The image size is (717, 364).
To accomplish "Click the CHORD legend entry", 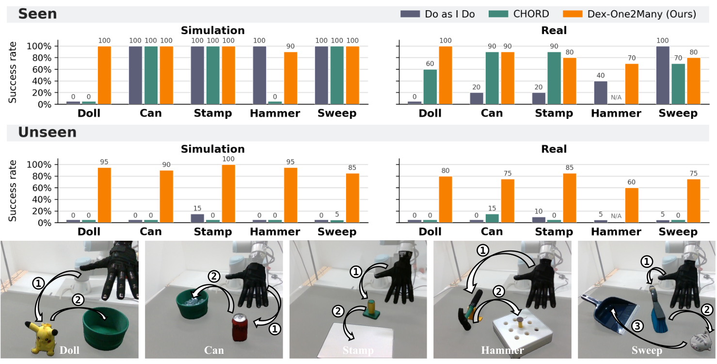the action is [519, 14].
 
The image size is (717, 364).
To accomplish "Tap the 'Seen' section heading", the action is [37, 14].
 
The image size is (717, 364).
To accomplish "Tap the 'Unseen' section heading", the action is [48, 132].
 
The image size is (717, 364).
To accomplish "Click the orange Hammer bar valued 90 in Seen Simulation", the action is [290, 78].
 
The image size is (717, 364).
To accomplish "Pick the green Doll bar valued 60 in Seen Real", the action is [430, 87].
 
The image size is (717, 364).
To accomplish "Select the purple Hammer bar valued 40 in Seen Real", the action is [601, 93].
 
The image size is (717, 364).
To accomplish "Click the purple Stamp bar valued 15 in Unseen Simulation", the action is [197, 218].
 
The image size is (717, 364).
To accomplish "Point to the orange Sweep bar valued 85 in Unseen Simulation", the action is [352, 198].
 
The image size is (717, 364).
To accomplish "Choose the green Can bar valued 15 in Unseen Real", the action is [492, 218].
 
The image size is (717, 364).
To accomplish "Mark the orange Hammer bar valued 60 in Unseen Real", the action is [632, 205].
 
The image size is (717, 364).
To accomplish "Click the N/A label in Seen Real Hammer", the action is [616, 98].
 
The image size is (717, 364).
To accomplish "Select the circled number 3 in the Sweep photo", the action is [637, 326].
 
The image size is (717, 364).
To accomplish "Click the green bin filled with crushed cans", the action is [192, 303].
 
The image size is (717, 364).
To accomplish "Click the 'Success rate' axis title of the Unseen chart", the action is [12, 191].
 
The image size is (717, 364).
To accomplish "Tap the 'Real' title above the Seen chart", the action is [554, 31].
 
